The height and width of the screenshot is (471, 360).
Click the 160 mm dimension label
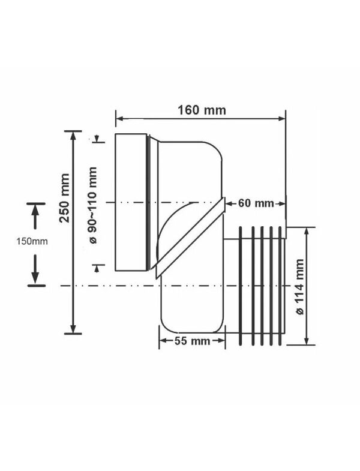pos(202,110)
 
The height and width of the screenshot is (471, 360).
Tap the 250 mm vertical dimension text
pos(65,198)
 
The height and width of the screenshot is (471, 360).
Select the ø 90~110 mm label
pos(93,205)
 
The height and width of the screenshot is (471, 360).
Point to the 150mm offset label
pos(32,241)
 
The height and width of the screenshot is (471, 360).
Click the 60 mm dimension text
pos(256,203)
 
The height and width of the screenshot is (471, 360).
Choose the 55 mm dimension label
pos(192,341)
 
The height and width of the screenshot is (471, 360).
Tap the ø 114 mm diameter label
pos(299,287)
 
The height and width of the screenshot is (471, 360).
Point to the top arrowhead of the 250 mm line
pos(73,135)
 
